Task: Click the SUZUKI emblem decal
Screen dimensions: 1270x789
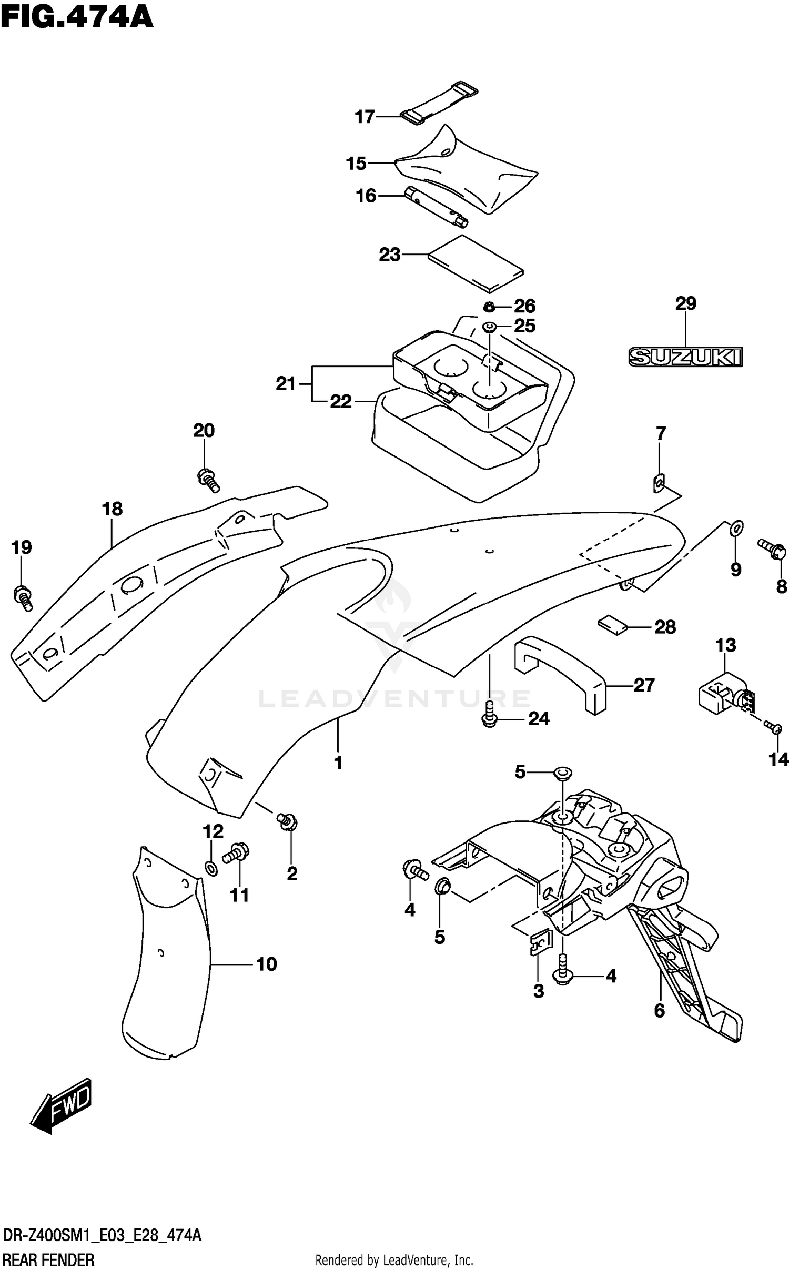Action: click(685, 357)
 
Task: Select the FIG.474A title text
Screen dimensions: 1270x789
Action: click(77, 17)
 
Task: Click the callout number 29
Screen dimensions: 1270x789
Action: click(686, 303)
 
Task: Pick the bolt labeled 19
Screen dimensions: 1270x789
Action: click(23, 598)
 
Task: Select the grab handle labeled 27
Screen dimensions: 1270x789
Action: click(560, 673)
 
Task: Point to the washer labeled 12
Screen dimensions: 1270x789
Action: click(210, 868)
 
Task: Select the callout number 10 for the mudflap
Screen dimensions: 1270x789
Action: click(266, 964)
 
